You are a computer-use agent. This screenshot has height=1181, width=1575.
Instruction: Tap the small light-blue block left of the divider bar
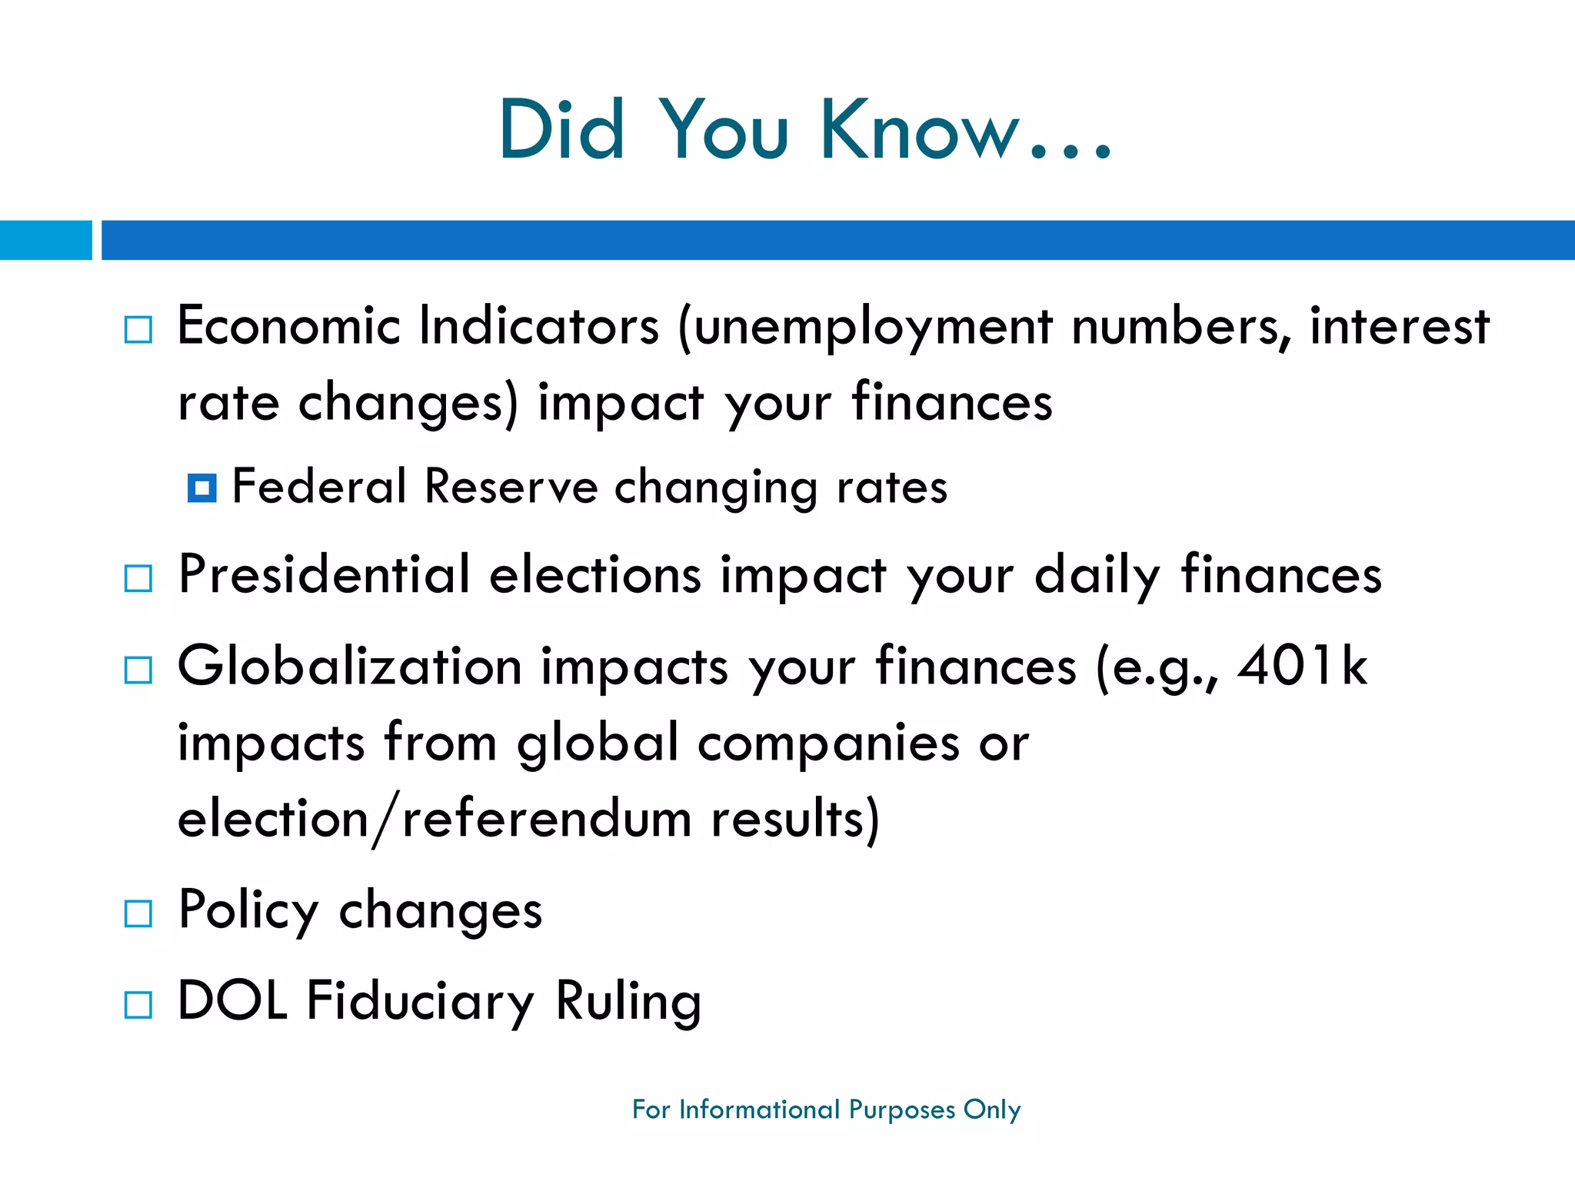45,240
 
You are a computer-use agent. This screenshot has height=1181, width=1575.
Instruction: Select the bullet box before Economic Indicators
138,330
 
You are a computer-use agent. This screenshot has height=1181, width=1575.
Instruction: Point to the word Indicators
538,327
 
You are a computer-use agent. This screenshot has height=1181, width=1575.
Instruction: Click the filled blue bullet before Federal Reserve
201,487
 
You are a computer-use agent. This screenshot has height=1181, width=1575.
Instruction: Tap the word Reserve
511,487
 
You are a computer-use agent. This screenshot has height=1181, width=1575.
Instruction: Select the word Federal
318,487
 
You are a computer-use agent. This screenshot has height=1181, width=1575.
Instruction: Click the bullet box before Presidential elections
138,578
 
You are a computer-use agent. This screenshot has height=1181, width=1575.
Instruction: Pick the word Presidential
324,575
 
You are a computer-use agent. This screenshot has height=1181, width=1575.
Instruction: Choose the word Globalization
350,667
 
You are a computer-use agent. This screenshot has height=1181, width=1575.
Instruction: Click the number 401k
1302,667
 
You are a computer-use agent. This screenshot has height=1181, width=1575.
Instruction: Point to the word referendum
547,819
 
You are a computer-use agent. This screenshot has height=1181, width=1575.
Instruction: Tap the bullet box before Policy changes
138,913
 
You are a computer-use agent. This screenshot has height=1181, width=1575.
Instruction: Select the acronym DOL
232,1001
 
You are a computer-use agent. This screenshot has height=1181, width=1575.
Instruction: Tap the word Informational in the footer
759,1109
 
